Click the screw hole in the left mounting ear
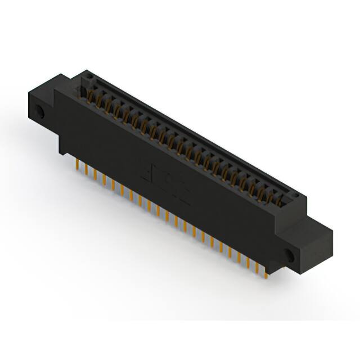click(x=40, y=111)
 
